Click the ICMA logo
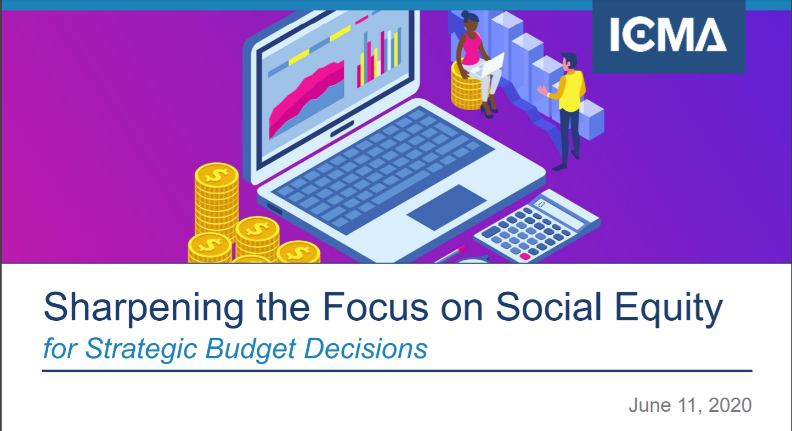[669, 36]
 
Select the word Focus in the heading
[376, 307]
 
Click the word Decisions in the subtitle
[366, 349]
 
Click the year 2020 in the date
[730, 405]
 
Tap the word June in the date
[650, 405]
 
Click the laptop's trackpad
[446, 207]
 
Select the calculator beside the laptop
[537, 226]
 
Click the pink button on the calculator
[525, 256]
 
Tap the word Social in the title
[548, 307]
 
